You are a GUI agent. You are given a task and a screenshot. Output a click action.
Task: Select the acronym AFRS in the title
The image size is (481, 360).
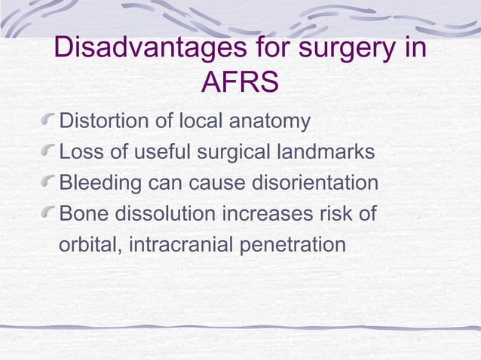pyautogui.click(x=240, y=84)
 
